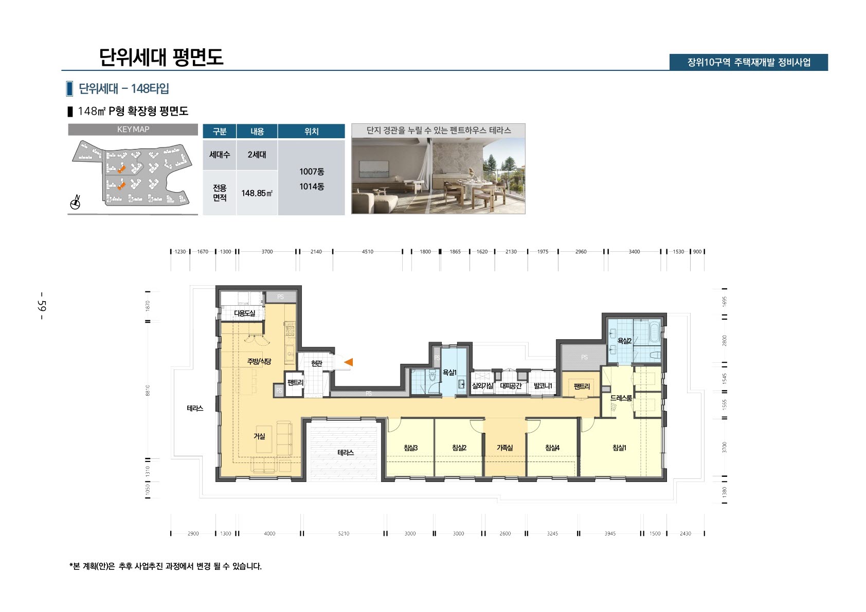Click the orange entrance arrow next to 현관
(x=349, y=362)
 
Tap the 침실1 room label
(x=619, y=448)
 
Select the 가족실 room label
(x=504, y=448)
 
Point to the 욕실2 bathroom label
(x=624, y=341)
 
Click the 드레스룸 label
(x=621, y=398)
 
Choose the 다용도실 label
(x=244, y=313)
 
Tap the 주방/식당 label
(x=259, y=362)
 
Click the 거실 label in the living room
(x=259, y=436)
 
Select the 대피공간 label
(x=511, y=386)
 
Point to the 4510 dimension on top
(x=367, y=252)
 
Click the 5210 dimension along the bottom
(x=344, y=533)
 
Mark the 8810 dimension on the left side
(x=148, y=391)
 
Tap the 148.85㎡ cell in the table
(x=257, y=193)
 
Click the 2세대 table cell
(x=257, y=155)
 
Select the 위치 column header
(x=311, y=132)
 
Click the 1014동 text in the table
(x=312, y=187)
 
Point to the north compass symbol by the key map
(x=76, y=203)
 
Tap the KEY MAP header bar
(x=133, y=129)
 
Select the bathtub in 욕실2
(x=654, y=332)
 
